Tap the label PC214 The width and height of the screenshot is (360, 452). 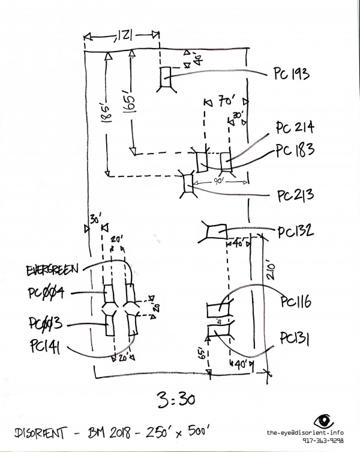coord(295,128)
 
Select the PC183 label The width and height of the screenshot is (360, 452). coord(295,149)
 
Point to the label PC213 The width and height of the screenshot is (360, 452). coord(295,196)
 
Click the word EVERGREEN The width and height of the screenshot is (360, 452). coord(53,270)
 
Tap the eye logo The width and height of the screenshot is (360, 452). coord(325,421)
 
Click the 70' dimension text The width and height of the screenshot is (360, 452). coord(226,102)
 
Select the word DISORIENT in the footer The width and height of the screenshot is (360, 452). coord(44,432)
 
